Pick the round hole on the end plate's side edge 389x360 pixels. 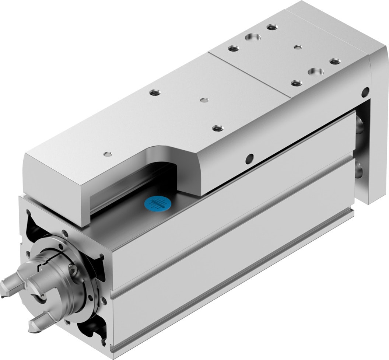pos(365,91)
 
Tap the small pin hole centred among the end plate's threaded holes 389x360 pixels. pos(298,47)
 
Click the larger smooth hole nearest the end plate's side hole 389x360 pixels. pos(316,71)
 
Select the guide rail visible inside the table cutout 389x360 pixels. pos(122,192)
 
